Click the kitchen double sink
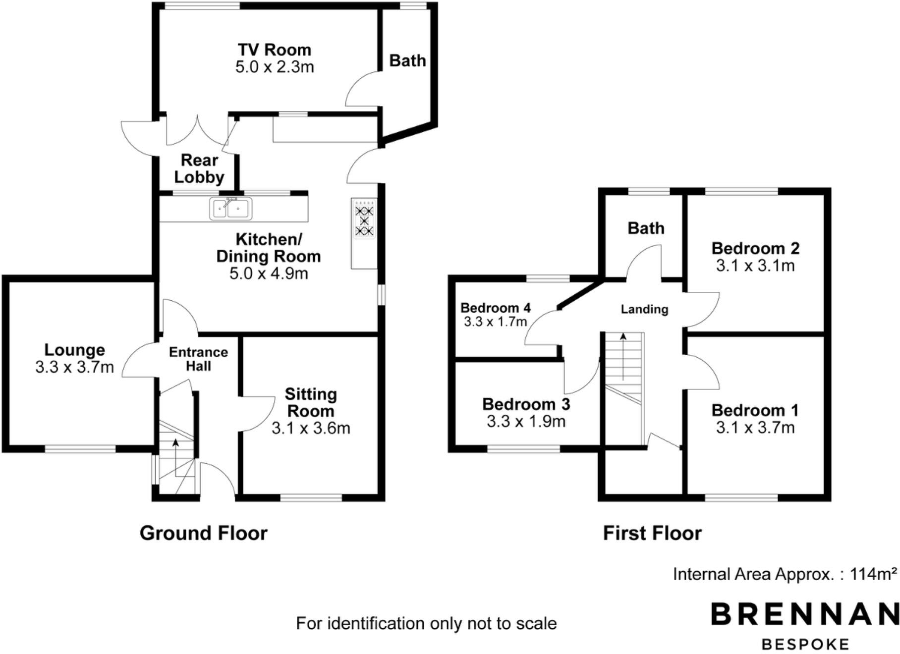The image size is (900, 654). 230,209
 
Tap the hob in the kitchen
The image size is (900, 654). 365,220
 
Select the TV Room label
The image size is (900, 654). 275,50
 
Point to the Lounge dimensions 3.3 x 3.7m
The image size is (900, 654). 75,367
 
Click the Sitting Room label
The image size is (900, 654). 311,402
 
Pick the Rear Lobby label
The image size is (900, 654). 199,168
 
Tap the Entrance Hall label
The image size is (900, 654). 198,359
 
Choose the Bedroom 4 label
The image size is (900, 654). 495,308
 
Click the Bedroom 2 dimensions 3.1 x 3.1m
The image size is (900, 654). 755,266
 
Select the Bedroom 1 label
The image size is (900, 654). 755,410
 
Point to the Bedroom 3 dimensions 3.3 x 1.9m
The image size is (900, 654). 526,422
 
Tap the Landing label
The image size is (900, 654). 644,309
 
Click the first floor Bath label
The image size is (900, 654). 646,228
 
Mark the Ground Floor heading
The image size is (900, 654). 203,533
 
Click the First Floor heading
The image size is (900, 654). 652,533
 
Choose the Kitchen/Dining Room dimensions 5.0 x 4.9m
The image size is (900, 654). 269,273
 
